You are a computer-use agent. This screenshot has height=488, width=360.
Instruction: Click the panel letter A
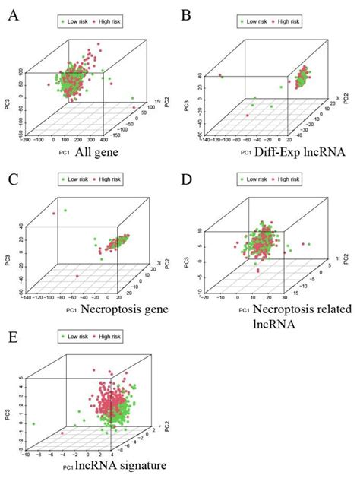(13, 13)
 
